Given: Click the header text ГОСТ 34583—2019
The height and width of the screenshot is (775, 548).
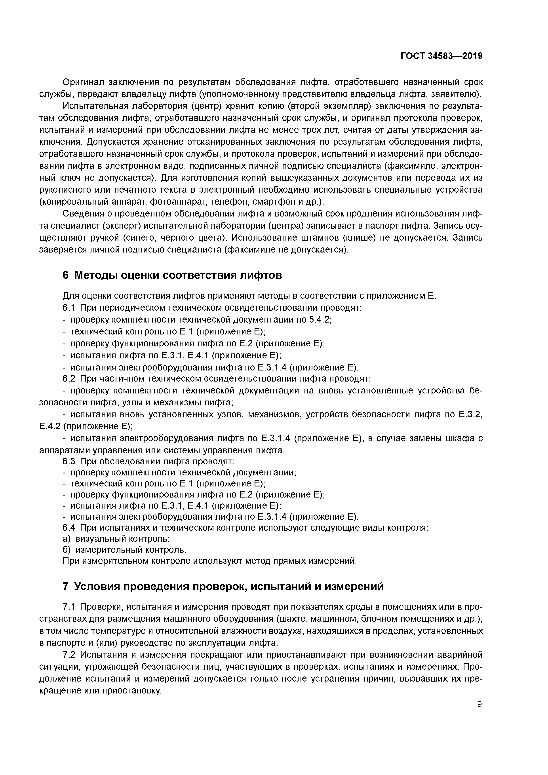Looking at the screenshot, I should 442,56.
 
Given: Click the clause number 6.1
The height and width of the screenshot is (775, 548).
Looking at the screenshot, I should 68,308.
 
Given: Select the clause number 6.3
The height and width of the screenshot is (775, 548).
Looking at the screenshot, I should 68,462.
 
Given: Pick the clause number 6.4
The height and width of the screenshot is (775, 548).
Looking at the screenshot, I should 68,528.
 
